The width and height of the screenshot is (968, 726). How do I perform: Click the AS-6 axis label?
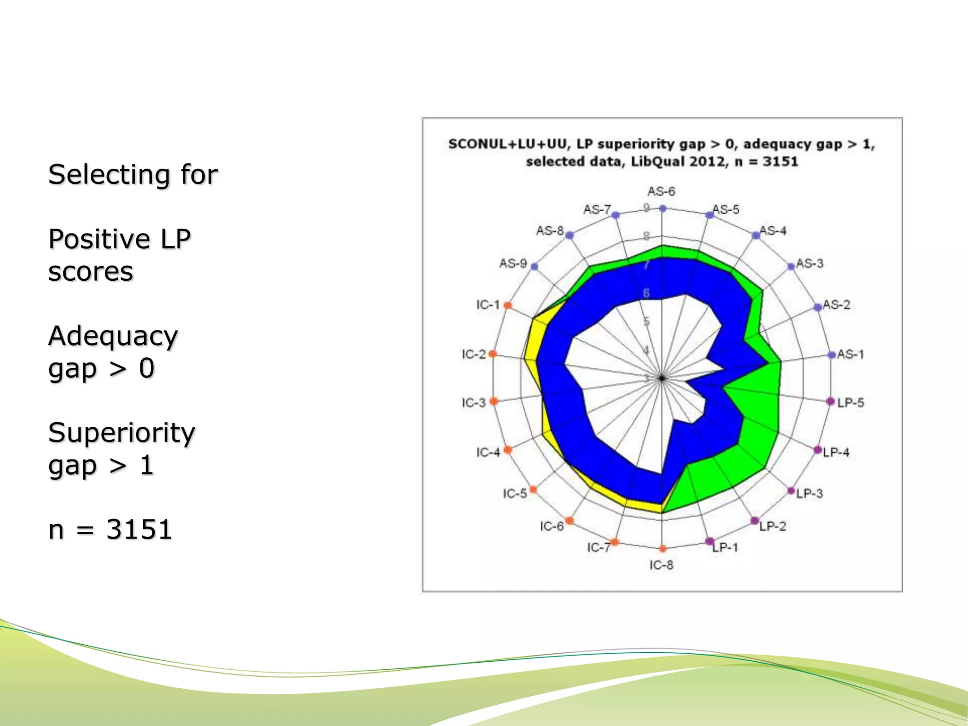(x=661, y=191)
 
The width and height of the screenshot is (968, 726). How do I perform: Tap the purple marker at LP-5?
(x=830, y=401)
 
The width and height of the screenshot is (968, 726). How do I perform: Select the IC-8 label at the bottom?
(x=661, y=565)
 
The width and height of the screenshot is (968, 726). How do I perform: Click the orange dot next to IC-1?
(x=508, y=305)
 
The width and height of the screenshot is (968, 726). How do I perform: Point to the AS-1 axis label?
(x=850, y=354)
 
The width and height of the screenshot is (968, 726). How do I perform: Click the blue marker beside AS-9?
(x=535, y=267)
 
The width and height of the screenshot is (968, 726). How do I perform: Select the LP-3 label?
(x=809, y=493)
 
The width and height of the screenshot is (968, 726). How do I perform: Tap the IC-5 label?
(x=514, y=493)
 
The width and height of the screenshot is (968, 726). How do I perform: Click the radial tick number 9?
(x=647, y=207)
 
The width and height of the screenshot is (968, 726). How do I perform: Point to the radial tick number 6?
(x=646, y=293)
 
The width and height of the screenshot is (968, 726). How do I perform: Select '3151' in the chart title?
(x=780, y=162)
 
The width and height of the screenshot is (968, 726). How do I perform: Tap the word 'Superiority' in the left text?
(x=121, y=432)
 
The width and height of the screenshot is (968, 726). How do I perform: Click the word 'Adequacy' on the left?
(x=113, y=336)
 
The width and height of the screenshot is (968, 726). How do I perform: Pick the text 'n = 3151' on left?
(x=110, y=529)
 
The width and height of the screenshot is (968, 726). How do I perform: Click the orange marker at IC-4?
(x=508, y=449)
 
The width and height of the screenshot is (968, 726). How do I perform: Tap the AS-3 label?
(x=809, y=263)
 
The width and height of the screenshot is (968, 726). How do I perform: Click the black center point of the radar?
(x=662, y=378)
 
